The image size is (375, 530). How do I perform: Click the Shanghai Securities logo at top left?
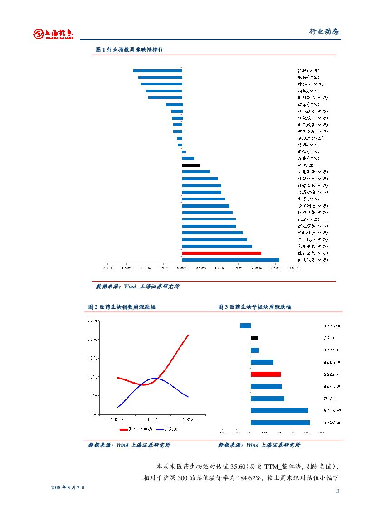click(x=53, y=34)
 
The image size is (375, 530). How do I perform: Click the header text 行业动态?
click(x=324, y=32)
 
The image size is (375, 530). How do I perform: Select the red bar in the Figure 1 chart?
click(x=221, y=253)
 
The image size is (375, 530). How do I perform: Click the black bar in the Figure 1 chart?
click(x=191, y=165)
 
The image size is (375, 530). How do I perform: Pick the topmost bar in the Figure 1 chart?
click(x=157, y=71)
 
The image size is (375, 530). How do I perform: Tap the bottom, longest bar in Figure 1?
click(x=230, y=260)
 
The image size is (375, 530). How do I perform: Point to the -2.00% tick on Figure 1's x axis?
click(x=107, y=268)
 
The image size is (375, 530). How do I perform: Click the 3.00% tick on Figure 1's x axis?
click(x=294, y=268)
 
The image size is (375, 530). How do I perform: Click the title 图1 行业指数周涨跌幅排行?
click(x=129, y=50)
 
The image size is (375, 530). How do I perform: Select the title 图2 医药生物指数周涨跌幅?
click(x=122, y=307)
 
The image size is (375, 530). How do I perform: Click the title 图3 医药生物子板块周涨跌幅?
click(x=254, y=307)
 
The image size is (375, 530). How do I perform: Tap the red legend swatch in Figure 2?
click(x=123, y=429)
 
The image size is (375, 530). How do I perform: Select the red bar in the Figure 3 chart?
click(x=265, y=374)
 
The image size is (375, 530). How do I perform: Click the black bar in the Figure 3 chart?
click(x=254, y=338)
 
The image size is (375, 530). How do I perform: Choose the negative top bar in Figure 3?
click(x=245, y=326)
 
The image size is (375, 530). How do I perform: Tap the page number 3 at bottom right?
click(x=337, y=491)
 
